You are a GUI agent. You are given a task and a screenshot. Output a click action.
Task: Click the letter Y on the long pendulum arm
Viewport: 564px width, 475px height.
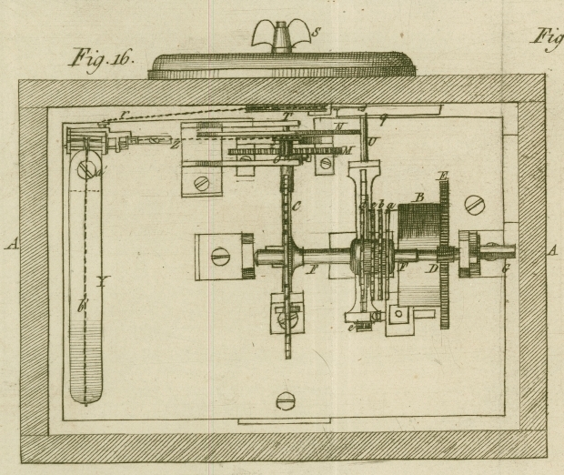coord(102,283)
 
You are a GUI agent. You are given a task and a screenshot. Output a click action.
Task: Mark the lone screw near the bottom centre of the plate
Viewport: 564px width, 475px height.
coord(286,399)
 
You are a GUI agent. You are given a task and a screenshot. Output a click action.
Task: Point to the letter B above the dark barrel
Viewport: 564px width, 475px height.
coord(420,195)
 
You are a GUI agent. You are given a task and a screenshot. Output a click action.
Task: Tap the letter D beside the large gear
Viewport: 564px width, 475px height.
coord(434,270)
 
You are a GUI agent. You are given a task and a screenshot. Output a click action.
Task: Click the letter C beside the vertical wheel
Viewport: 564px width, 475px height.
coord(297,207)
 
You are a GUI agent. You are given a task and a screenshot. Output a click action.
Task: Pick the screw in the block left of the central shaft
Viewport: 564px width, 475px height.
coord(220,258)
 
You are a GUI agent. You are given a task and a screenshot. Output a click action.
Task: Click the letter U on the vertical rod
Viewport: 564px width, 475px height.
coord(371,142)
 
